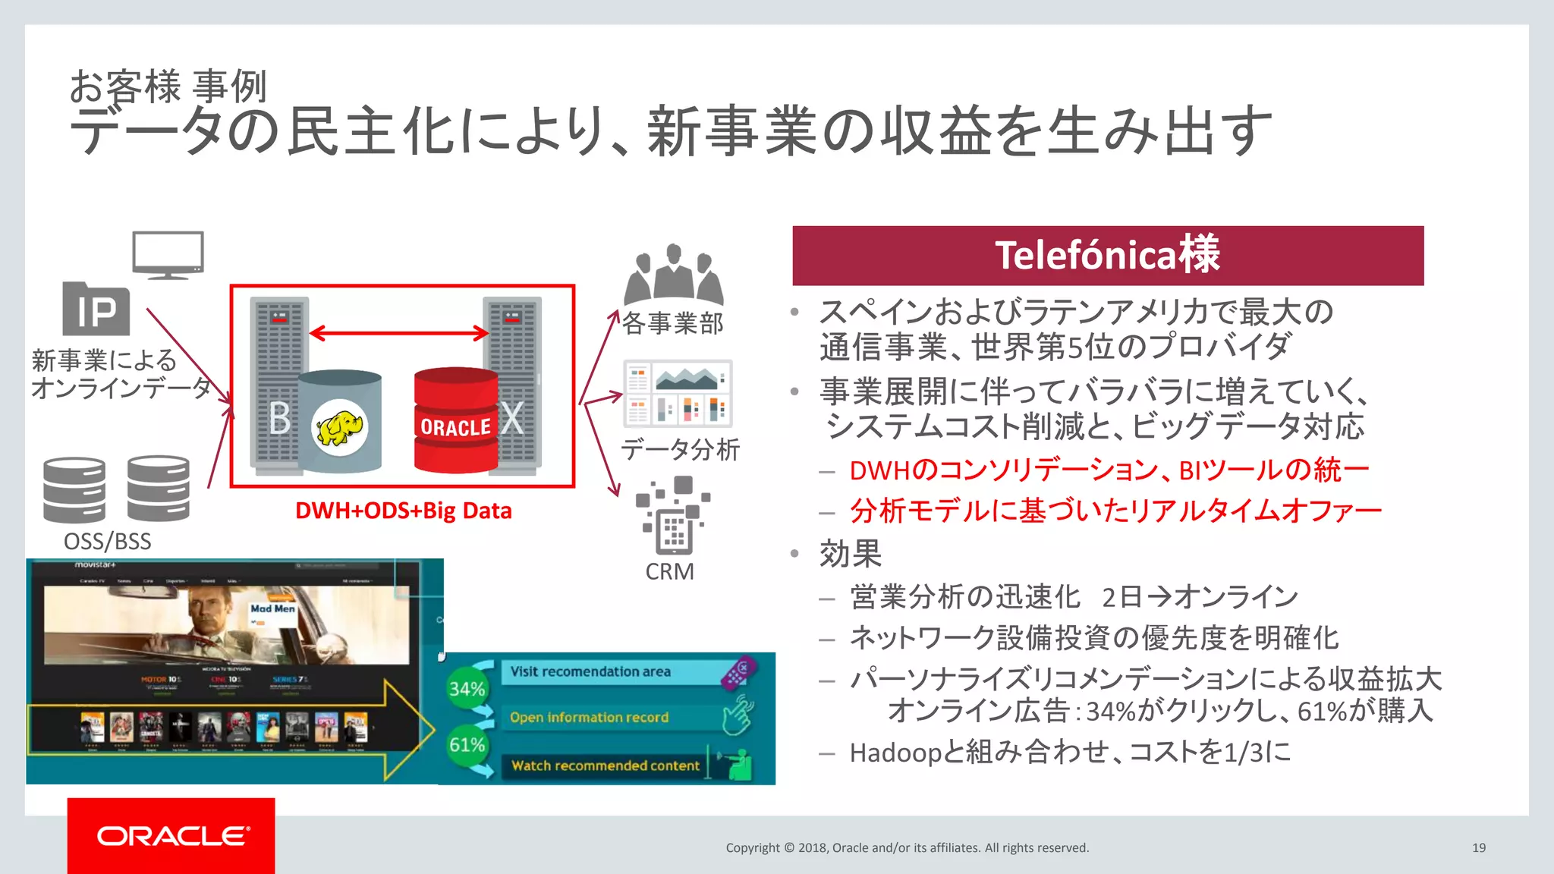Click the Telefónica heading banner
[1107, 256]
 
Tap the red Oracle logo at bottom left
[171, 835]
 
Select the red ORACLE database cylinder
[455, 421]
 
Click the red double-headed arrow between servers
[399, 333]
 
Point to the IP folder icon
[96, 309]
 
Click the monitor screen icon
[168, 255]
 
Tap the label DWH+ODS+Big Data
[403, 511]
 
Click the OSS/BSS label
[107, 542]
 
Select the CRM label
[669, 571]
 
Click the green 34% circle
[467, 689]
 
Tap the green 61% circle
[467, 745]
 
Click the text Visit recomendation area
[590, 671]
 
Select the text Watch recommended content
[605, 766]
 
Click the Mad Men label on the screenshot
[272, 608]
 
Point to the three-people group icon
[673, 275]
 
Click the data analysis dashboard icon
[678, 394]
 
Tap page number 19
[1478, 847]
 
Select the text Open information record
[589, 718]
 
